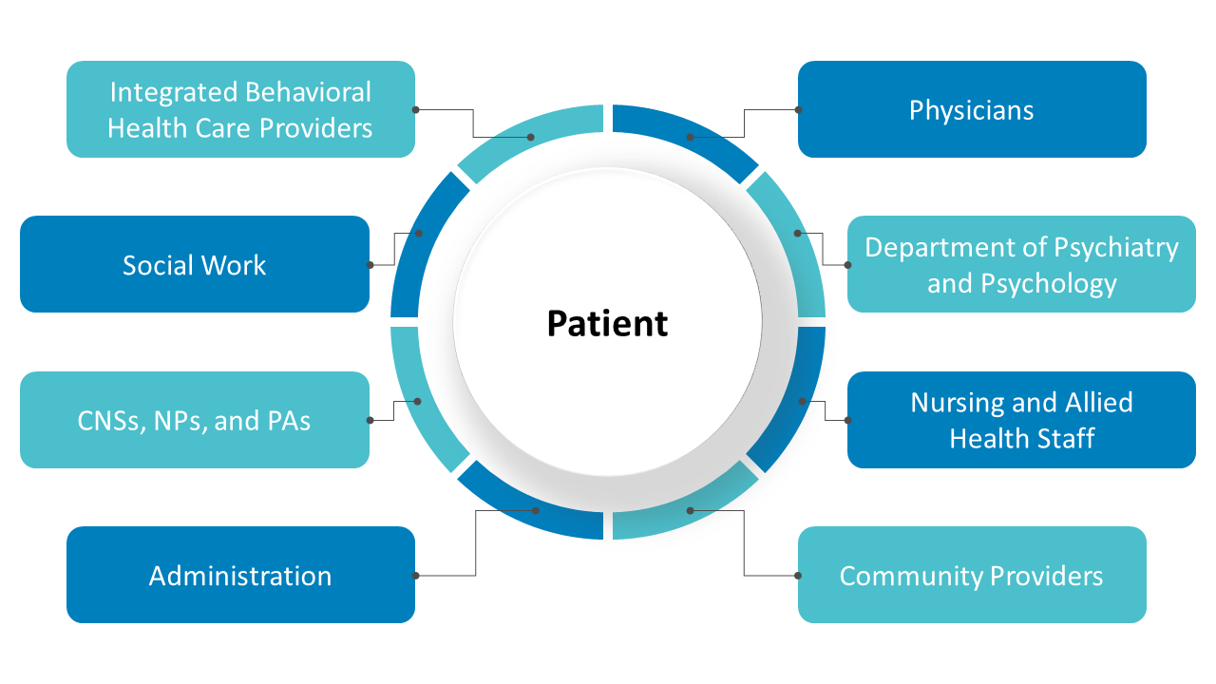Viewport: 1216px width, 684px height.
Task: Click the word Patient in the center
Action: (x=607, y=323)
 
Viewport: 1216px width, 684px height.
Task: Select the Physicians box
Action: (x=971, y=109)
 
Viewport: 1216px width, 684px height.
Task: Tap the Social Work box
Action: (x=194, y=264)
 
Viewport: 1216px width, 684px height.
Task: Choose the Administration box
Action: (x=240, y=575)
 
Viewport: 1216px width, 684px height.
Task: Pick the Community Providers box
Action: (x=971, y=575)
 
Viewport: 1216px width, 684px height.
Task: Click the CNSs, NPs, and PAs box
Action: (x=194, y=420)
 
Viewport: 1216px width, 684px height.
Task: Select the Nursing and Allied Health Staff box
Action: (x=1021, y=420)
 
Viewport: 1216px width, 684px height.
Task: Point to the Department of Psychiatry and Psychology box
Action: (x=1021, y=264)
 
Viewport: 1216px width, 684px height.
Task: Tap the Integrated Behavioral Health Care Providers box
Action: (x=240, y=109)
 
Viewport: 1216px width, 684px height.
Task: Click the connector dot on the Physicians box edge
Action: (x=798, y=109)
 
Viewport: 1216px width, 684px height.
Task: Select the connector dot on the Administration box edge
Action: (x=415, y=575)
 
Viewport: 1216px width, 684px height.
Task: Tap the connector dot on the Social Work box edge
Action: (x=370, y=264)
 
